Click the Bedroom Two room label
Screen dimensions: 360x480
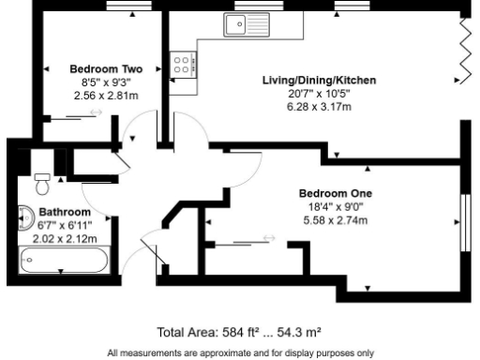[106, 68]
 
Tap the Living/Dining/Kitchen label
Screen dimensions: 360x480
[319, 81]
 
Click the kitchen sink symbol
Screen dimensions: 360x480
[246, 24]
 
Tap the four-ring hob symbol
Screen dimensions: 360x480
[183, 64]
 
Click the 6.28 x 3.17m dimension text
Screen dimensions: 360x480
[320, 107]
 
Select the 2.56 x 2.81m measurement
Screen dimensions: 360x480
[106, 96]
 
